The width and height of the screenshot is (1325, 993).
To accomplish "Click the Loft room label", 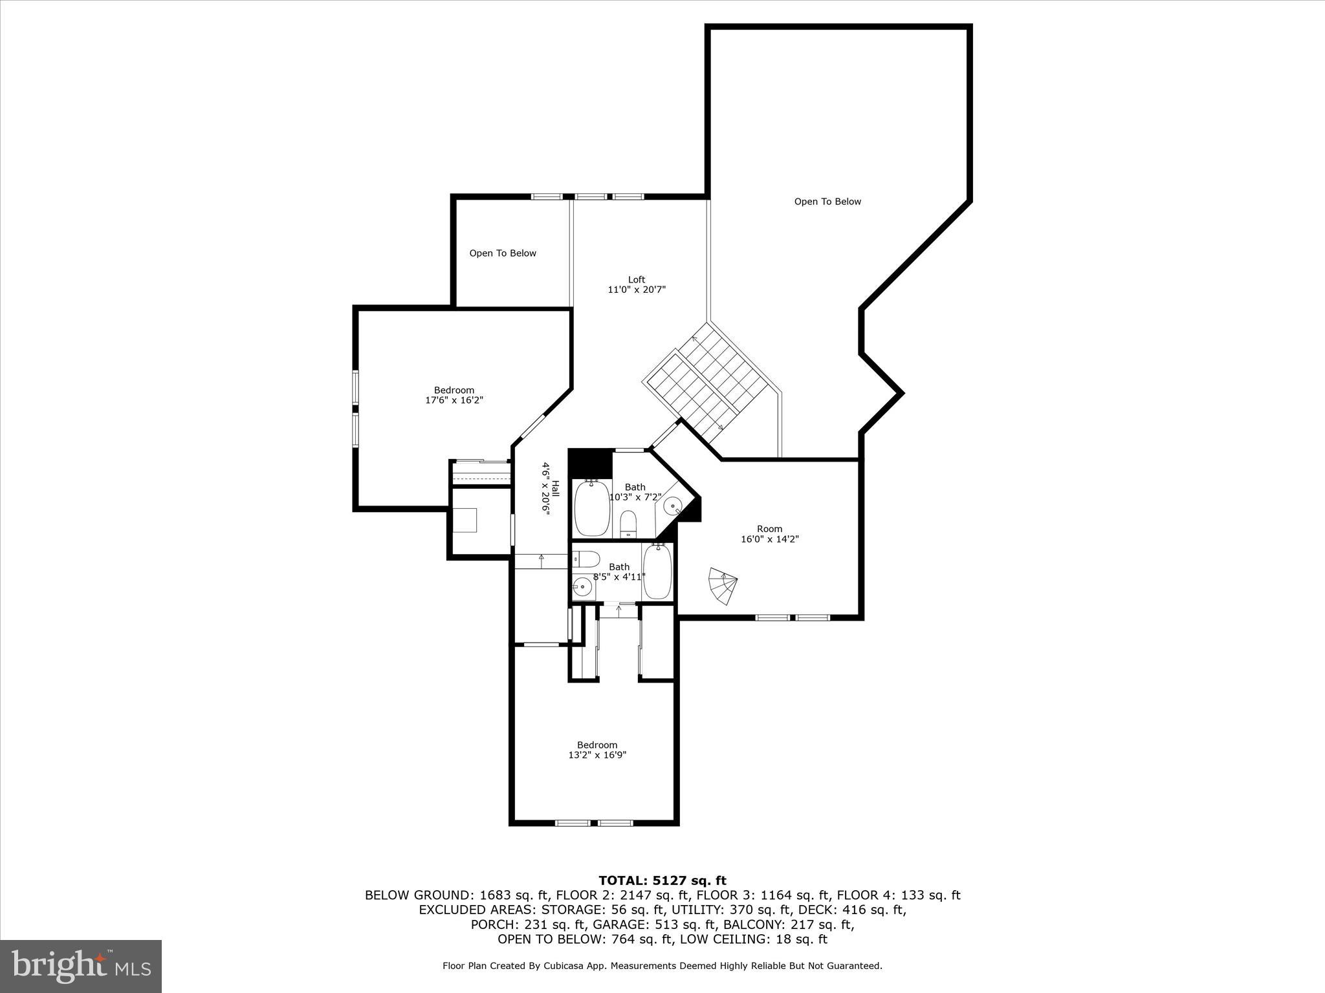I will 637,280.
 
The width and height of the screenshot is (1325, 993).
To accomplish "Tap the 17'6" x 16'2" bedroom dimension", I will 454,400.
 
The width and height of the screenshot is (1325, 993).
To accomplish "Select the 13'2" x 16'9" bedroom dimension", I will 597,755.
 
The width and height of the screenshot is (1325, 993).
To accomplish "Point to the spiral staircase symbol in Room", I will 723,586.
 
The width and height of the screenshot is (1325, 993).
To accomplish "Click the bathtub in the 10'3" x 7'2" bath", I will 592,508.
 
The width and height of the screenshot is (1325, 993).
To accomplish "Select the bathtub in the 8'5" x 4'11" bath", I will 658,571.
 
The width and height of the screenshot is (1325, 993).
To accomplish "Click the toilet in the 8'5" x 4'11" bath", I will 586,558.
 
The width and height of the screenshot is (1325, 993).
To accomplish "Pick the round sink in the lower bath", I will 582,588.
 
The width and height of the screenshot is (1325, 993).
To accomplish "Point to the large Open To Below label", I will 827,202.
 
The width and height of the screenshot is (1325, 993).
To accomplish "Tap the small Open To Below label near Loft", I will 503,253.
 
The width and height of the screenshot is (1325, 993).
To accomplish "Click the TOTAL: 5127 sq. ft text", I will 662,881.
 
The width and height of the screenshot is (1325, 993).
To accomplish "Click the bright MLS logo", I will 81,966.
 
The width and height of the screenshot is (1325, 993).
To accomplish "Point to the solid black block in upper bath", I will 590,463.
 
